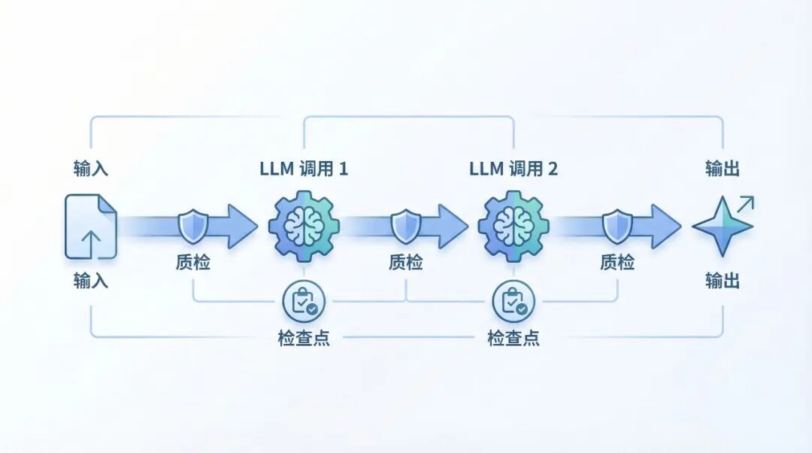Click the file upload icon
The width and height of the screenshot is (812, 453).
click(x=91, y=226)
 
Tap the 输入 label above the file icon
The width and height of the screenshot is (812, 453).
click(x=91, y=168)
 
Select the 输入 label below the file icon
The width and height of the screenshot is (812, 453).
click(x=91, y=281)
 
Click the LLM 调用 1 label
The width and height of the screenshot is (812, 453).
click(x=304, y=168)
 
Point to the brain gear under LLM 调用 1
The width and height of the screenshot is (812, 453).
click(x=304, y=226)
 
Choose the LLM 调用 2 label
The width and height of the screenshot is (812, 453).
click(x=514, y=168)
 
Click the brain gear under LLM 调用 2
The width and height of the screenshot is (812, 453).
click(x=514, y=226)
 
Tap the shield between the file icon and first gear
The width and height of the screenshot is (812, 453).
click(x=192, y=226)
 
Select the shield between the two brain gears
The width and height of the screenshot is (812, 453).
click(x=405, y=226)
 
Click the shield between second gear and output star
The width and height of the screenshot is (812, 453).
click(x=617, y=226)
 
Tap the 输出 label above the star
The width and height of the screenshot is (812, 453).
click(x=723, y=168)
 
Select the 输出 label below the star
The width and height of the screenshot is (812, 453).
click(x=723, y=281)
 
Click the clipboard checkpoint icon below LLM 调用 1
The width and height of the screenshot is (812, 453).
click(x=304, y=301)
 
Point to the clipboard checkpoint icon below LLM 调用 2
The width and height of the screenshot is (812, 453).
click(x=514, y=301)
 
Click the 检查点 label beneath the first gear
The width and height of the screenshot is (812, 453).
click(x=304, y=338)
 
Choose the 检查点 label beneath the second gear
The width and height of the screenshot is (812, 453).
click(x=514, y=338)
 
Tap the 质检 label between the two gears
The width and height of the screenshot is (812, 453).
click(x=405, y=263)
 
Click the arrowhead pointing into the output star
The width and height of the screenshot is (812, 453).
click(x=666, y=226)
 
